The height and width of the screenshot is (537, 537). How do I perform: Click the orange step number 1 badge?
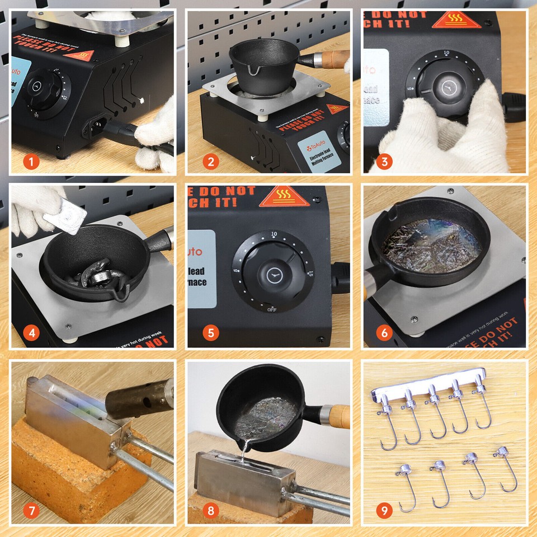pyautogui.click(x=32, y=162)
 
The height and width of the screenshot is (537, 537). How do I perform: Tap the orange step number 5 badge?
pyautogui.click(x=210, y=334)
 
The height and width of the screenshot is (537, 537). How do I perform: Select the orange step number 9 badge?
pyautogui.click(x=384, y=510)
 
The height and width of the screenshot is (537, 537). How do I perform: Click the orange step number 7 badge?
pyautogui.click(x=32, y=510)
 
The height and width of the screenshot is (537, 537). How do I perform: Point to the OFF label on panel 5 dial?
pyautogui.click(x=272, y=309)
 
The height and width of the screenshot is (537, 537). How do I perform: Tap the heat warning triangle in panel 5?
pyautogui.click(x=284, y=197)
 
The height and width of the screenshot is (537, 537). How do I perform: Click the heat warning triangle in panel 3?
pyautogui.click(x=457, y=20)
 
